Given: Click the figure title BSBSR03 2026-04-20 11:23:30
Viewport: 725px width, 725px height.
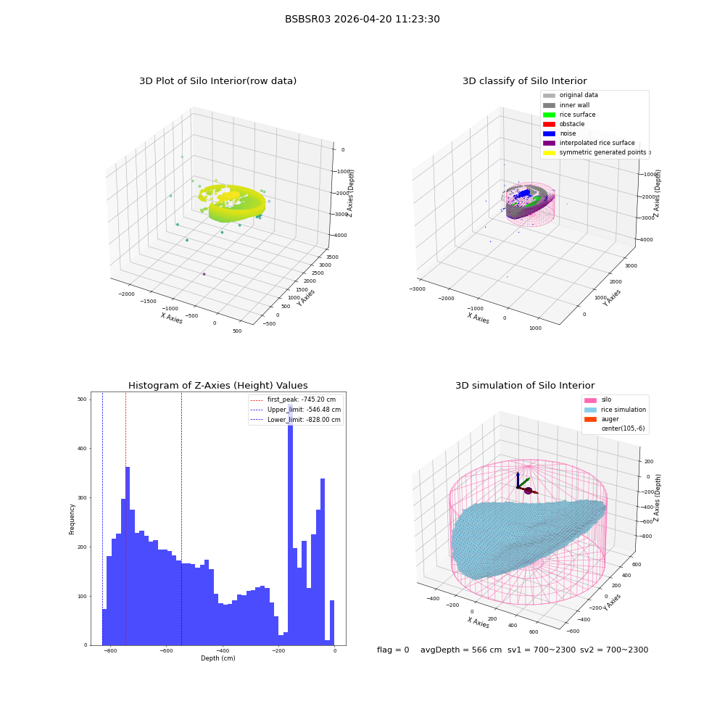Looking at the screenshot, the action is tap(362, 19).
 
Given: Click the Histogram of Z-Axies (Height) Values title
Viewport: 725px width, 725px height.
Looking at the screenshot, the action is tap(217, 385).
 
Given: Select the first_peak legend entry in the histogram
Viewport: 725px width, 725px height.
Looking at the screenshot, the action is tap(293, 399).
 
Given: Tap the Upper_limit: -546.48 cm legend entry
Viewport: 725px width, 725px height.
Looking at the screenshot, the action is tap(296, 410).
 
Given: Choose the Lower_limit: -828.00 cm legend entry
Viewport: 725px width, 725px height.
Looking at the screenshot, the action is tap(296, 420).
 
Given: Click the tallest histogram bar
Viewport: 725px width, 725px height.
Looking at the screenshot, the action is tap(291, 524).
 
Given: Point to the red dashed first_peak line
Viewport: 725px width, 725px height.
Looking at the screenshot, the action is tap(125, 519).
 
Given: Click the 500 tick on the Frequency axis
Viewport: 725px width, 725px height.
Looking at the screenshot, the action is tap(83, 399).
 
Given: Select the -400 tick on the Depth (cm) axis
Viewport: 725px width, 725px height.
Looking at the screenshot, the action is tap(223, 650).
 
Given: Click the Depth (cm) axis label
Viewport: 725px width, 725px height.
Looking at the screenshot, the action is tap(217, 658).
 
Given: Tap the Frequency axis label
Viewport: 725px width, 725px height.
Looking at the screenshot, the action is tap(72, 519).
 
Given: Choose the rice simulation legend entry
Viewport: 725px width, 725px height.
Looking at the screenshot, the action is tap(615, 410).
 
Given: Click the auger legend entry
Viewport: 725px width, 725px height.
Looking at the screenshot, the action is tap(602, 419).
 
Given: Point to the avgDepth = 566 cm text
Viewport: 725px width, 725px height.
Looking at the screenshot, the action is tap(461, 650).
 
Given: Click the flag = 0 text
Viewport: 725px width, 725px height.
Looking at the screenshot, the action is tap(393, 650).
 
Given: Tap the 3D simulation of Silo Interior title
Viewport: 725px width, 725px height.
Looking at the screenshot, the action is tap(525, 385).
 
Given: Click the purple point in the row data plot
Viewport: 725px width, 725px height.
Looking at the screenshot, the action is tap(204, 274).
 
